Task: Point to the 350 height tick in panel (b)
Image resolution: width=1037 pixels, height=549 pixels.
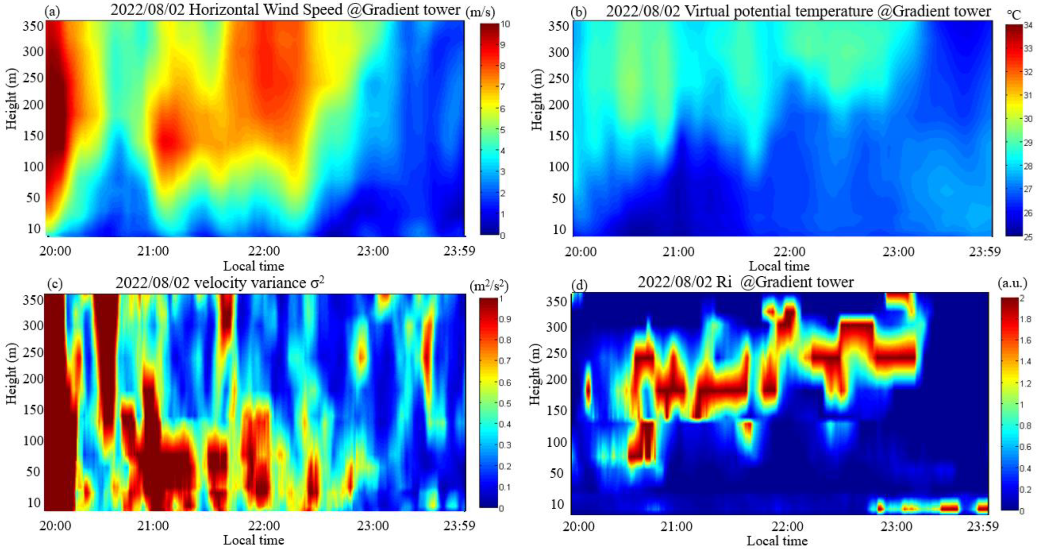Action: click(558, 26)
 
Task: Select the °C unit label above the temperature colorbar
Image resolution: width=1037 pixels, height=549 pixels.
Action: click(1014, 15)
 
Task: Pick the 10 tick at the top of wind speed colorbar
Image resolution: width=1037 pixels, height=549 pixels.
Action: click(505, 24)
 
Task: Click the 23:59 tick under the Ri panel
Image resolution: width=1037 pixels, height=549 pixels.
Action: click(984, 526)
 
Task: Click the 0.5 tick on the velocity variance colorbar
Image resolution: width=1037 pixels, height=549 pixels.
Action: click(506, 403)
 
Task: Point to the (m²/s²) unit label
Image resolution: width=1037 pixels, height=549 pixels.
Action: click(489, 286)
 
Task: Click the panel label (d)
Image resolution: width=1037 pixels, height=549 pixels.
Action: click(579, 286)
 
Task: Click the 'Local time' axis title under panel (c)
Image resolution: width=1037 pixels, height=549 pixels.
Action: click(254, 540)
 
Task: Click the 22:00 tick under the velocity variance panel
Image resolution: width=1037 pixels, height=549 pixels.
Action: click(264, 526)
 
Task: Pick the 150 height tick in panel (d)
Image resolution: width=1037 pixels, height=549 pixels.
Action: click(557, 411)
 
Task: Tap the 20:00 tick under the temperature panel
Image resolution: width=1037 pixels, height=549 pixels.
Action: click(580, 252)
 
